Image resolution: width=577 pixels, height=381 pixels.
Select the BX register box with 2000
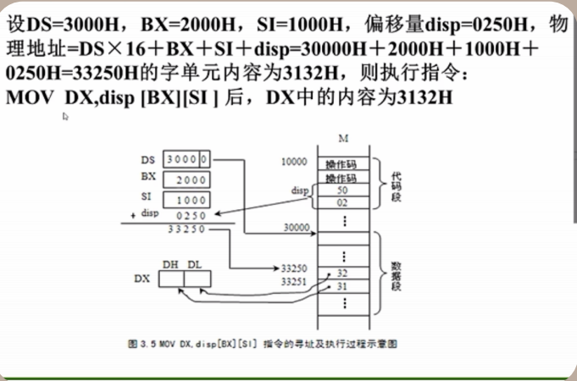coord(191,179)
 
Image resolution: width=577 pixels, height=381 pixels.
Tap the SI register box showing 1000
coord(191,200)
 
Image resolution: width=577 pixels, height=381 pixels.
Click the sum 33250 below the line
coord(186,228)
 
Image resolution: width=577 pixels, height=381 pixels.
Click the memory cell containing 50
coord(341,191)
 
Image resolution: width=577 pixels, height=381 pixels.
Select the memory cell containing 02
coord(341,203)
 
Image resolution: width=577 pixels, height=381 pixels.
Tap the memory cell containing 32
coord(341,273)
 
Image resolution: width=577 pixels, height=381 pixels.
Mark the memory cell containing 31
coord(341,285)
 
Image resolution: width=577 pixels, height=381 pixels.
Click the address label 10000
coord(294,161)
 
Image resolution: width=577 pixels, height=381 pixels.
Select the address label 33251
coord(295,280)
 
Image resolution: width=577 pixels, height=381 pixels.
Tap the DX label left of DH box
coord(141,278)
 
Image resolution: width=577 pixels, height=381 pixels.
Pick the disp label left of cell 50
coord(299,190)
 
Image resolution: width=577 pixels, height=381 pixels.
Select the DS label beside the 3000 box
coord(147,159)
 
